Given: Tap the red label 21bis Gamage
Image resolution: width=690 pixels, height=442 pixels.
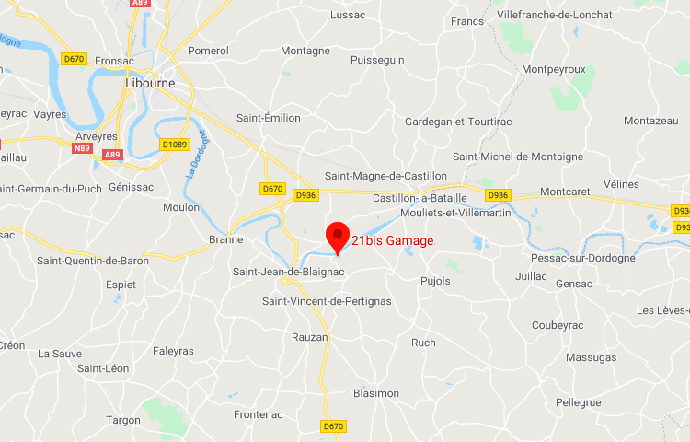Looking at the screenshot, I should [x=392, y=240].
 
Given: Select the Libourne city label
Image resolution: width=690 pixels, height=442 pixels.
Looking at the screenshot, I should [x=150, y=83].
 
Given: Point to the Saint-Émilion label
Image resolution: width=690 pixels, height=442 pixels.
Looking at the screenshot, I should [x=269, y=118].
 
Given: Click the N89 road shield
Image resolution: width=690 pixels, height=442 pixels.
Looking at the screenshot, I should [x=82, y=147].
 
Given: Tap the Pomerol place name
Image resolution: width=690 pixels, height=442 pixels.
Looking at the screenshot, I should [x=208, y=51].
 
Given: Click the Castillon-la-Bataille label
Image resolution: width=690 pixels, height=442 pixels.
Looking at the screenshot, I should [x=420, y=198].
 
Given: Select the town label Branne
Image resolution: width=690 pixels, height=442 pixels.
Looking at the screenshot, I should [x=226, y=239].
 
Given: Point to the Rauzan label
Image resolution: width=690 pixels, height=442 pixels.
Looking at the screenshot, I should [x=310, y=337].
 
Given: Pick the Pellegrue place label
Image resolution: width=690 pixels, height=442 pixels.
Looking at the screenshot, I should [x=579, y=402].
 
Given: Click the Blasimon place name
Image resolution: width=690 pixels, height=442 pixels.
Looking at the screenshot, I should [x=376, y=393].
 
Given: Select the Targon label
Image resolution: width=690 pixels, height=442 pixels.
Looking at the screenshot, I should [x=123, y=419].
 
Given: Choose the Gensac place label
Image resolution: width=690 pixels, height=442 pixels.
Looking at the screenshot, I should [x=574, y=284].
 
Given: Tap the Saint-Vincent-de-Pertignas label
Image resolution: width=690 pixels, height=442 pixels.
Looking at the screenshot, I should [x=327, y=301].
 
